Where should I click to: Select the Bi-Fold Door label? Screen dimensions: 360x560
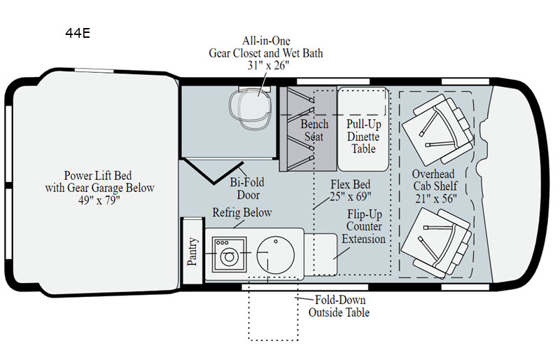point(248,188)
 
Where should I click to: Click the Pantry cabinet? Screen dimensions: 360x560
point(192,251)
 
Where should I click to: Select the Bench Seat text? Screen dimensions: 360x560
point(314,131)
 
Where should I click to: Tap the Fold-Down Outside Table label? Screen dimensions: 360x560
point(339,306)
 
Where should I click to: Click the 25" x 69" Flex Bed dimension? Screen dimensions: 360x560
point(351,197)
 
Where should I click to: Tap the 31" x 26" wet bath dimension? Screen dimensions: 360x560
point(265,65)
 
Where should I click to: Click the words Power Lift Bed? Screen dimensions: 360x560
point(98,175)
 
